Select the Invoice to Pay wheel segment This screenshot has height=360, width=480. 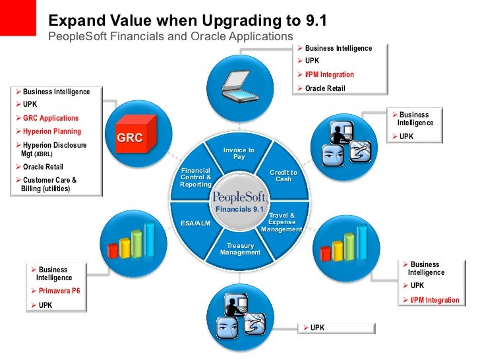pos(239,154)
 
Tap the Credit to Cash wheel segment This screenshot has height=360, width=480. pos(283,176)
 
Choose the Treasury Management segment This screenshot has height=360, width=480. pos(240,249)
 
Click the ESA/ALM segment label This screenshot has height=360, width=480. pos(195,223)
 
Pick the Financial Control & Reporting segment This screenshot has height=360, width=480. pos(195,177)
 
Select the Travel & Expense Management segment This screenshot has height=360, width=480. pos(282,222)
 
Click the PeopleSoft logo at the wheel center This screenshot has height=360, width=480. pos(239,197)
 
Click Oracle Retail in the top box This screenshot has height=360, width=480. pos(325,88)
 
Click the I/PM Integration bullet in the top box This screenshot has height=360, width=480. pos(329,75)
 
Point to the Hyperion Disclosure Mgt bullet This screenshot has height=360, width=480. pos(53,148)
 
